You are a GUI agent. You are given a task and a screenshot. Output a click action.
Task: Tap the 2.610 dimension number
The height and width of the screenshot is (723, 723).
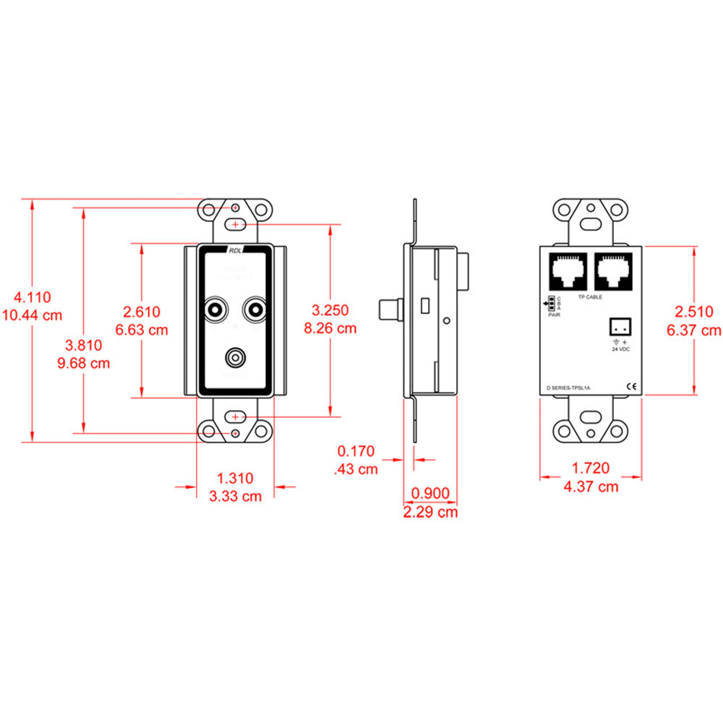click(x=142, y=312)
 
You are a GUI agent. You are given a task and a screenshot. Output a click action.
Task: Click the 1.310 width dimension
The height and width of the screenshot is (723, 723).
click(x=235, y=478)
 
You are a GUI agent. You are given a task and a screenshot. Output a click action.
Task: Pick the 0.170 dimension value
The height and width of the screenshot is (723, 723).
click(x=356, y=452)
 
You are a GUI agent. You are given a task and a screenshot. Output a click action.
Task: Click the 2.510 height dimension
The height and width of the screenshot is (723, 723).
click(x=694, y=312)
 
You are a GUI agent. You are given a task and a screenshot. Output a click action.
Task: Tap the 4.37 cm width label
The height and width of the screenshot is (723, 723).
click(x=591, y=487)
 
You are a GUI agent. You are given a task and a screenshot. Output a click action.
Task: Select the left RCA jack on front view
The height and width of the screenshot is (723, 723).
click(x=215, y=311)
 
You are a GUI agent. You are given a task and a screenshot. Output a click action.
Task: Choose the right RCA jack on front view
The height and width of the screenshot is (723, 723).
click(x=254, y=311)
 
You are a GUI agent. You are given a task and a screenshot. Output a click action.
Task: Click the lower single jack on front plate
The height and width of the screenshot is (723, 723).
click(x=235, y=356)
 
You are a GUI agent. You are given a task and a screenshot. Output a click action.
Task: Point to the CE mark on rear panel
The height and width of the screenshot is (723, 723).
click(x=630, y=386)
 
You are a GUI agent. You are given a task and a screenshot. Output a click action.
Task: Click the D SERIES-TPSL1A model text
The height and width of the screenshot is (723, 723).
click(x=568, y=388)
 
